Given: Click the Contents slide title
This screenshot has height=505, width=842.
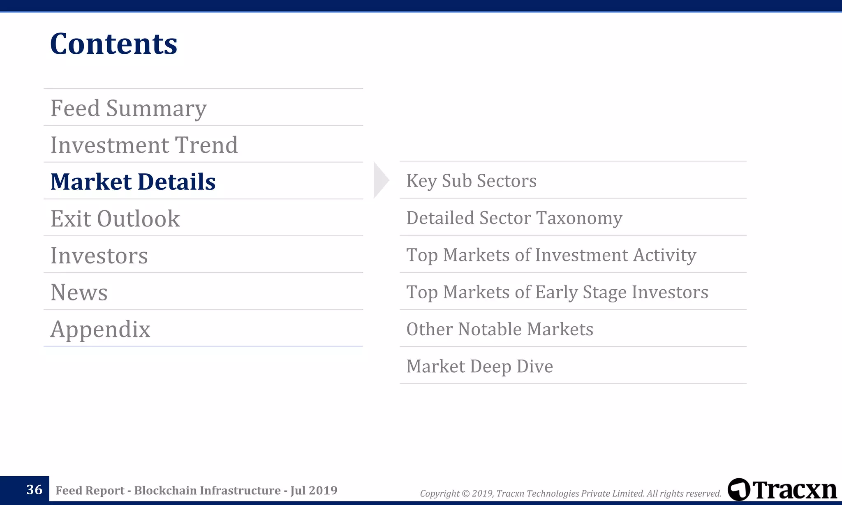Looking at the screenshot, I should tap(113, 44).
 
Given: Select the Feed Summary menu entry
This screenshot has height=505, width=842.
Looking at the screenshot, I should tap(128, 108).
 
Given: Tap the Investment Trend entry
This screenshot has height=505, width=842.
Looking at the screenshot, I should tap(144, 145).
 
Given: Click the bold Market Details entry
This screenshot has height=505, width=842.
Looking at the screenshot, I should tap(133, 182).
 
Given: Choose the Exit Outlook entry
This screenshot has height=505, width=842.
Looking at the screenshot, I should tap(115, 219).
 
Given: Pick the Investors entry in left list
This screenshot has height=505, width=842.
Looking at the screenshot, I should tap(99, 256).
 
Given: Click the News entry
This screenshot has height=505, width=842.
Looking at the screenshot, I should tap(79, 293).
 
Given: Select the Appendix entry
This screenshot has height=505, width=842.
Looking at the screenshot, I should tap(100, 330).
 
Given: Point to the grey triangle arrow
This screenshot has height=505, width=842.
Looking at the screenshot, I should tap(380, 180).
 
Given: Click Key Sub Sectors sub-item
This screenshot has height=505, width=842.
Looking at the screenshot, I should tap(471, 181).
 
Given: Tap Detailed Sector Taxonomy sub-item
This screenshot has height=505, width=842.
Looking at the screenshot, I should tap(514, 218).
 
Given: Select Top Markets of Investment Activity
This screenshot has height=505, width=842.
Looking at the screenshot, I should tap(551, 255).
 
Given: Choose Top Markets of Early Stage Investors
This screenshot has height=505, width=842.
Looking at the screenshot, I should tap(557, 292).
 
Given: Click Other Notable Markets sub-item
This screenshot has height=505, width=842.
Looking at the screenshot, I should tap(500, 329).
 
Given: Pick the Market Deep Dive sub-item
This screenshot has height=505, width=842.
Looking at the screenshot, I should tap(479, 367).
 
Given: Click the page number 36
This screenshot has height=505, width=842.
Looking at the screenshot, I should tap(34, 490).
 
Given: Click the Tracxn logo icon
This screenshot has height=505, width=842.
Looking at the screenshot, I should tap(739, 489).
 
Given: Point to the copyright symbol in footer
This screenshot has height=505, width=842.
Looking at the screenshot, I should tap(465, 493).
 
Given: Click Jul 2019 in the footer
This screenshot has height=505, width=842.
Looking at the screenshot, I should tap(314, 491).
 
